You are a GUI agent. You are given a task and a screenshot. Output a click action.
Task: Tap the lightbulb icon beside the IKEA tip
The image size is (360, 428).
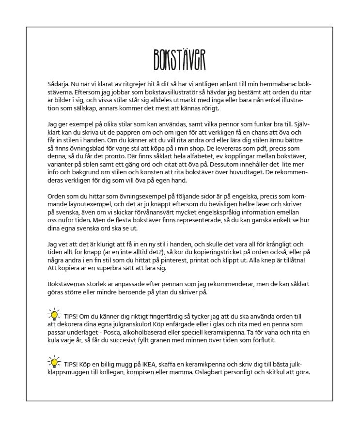[54, 362]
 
